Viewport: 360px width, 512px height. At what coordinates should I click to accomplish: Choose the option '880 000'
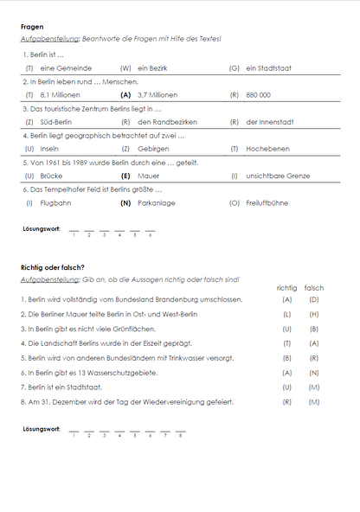pos(258,94)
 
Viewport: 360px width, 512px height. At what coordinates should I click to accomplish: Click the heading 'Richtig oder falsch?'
pos(53,267)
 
